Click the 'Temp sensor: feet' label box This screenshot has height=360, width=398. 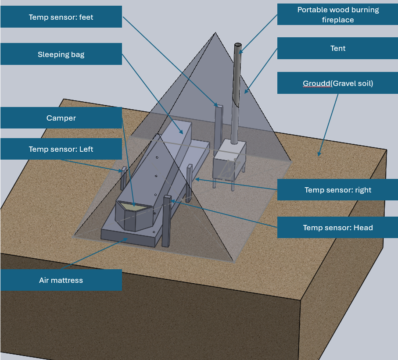(61, 17)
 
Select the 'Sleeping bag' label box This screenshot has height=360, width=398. (61, 54)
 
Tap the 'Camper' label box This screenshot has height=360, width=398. (61, 118)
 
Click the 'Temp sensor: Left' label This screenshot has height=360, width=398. (61, 149)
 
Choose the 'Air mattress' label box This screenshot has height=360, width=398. (61, 280)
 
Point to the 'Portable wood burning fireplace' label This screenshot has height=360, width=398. (337, 14)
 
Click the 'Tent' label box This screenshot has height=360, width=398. (337, 48)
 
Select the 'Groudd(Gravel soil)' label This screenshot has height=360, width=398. (337, 83)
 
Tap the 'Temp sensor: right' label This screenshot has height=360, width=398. (337, 190)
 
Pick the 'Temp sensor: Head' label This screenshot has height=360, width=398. (337, 227)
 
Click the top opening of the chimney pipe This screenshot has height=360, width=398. (238, 45)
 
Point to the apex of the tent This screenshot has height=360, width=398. (215, 32)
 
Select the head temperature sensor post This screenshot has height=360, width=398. (166, 221)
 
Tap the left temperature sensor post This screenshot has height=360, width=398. (123, 178)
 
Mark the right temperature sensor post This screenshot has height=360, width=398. (190, 183)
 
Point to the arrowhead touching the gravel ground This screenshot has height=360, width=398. (319, 154)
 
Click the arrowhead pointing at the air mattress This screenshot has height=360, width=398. (125, 239)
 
